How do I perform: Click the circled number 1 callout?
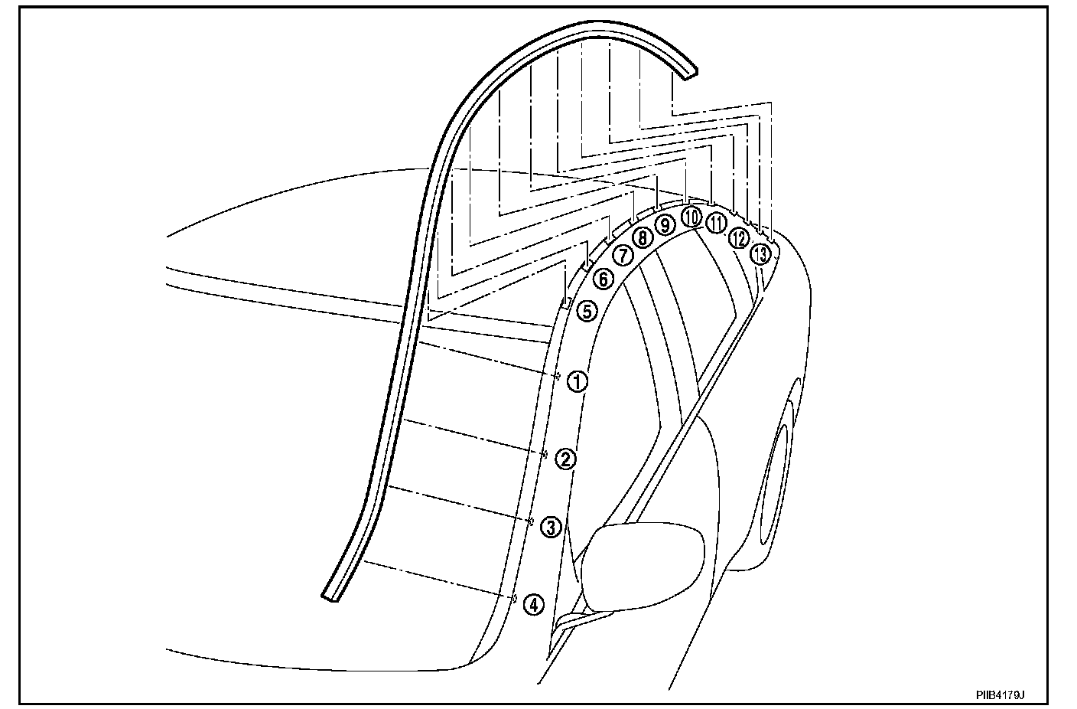click(x=578, y=381)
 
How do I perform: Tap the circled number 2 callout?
click(x=565, y=459)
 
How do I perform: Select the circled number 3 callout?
click(x=551, y=527)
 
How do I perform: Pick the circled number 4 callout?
click(x=533, y=604)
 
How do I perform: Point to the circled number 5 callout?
click(x=586, y=311)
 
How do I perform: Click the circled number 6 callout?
click(x=604, y=279)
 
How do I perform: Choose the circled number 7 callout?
click(x=623, y=256)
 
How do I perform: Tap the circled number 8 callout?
click(x=643, y=238)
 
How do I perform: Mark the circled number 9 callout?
click(x=665, y=225)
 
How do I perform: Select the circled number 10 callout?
click(x=691, y=217)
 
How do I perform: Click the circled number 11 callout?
click(x=715, y=223)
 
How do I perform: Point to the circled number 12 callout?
click(x=738, y=237)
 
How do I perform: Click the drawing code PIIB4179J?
click(x=999, y=694)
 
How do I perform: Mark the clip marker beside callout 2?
click(x=544, y=454)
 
